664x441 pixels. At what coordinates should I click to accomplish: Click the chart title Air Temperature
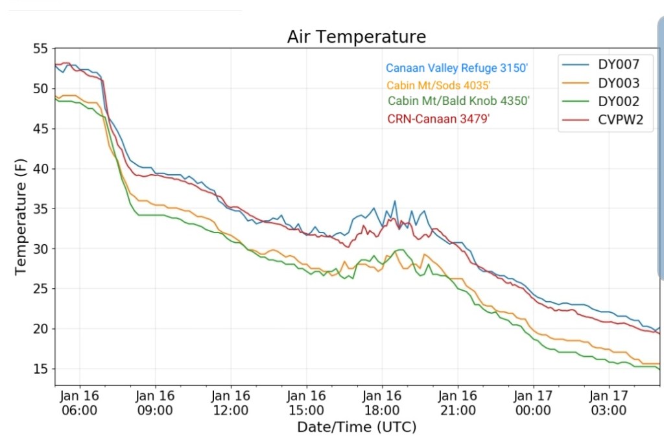tap(357, 37)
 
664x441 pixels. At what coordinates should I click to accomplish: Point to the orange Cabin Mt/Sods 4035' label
tap(438, 85)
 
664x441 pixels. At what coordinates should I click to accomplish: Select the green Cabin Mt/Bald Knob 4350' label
tap(458, 101)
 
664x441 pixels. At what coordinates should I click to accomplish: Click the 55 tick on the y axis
tap(40, 49)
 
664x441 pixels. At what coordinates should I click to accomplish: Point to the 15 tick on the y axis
tap(40, 369)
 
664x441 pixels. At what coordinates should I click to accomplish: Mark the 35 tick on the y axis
tap(40, 209)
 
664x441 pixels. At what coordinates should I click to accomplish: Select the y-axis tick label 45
tap(40, 129)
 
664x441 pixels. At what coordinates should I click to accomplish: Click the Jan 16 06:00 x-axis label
tap(79, 402)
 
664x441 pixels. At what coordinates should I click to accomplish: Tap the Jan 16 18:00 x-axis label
tap(381, 402)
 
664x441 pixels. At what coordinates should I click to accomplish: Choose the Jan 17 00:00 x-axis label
tap(532, 402)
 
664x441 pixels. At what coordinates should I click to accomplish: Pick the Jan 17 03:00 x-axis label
tap(608, 402)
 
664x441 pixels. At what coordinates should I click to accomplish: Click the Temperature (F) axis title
tap(21, 218)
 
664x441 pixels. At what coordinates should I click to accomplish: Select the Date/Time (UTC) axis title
tap(357, 427)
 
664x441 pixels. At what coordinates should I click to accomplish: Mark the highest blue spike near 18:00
tap(394, 201)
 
